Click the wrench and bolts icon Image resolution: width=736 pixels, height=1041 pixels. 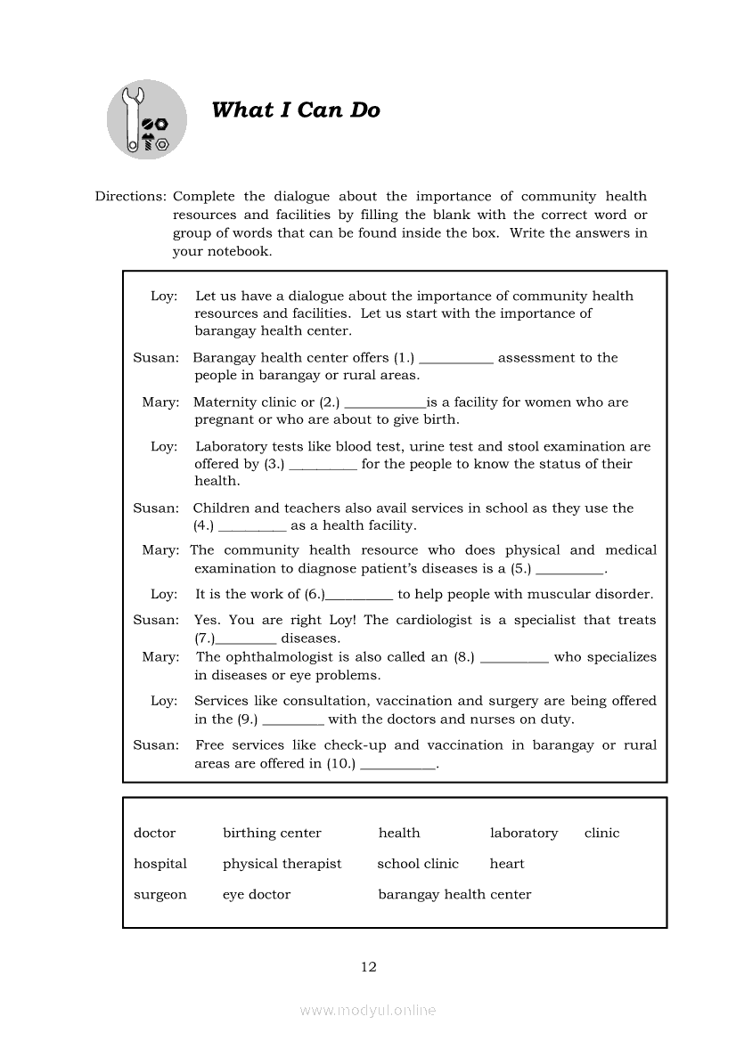[x=146, y=119]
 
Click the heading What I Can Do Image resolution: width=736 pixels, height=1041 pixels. [x=296, y=110]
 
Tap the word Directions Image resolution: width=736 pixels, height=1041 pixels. [x=130, y=197]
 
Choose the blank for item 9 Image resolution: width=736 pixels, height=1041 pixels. [x=293, y=720]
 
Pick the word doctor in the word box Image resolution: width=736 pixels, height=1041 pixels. [x=155, y=834]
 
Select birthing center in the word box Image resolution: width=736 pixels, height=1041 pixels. [x=272, y=834]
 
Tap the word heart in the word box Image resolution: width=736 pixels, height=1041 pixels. [x=507, y=864]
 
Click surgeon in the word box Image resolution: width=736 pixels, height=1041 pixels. [x=160, y=895]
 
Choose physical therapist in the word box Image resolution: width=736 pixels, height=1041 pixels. [x=282, y=864]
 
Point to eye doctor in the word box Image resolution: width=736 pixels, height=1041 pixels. [x=257, y=895]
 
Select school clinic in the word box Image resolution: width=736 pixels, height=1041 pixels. [x=418, y=864]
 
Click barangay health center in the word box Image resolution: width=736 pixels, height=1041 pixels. [x=454, y=895]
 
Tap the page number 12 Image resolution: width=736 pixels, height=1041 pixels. [x=369, y=967]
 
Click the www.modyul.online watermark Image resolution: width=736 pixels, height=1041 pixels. [x=368, y=1011]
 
